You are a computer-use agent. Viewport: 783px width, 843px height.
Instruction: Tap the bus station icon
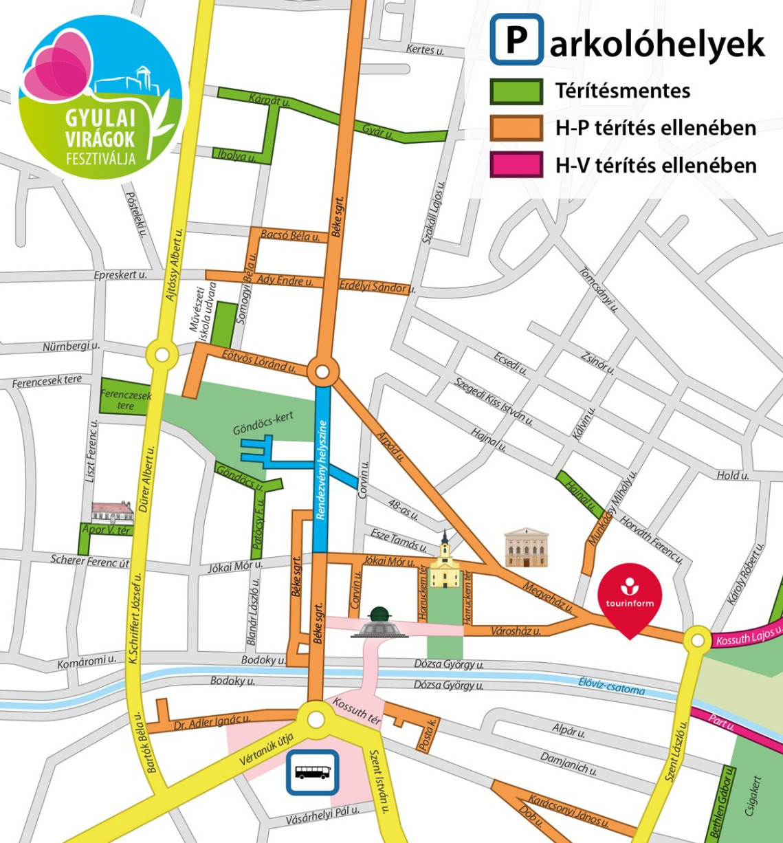click(x=313, y=771)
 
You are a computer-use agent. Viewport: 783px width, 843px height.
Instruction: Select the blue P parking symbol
click(x=516, y=41)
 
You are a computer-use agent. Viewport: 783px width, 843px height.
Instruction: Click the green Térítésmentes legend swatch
click(x=516, y=91)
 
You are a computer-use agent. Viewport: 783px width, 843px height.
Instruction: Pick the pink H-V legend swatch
click(x=516, y=165)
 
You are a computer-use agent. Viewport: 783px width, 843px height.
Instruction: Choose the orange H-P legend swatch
click(x=516, y=128)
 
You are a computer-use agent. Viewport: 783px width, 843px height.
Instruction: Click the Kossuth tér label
click(x=356, y=711)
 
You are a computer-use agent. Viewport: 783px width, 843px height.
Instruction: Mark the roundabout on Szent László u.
click(x=698, y=640)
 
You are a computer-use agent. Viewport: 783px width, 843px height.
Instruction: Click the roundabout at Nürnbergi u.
click(x=162, y=355)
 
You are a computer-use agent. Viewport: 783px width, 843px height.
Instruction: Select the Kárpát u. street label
click(x=270, y=101)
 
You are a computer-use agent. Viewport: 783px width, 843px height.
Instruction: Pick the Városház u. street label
click(x=516, y=631)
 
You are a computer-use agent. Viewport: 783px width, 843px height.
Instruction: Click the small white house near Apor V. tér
click(x=112, y=512)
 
